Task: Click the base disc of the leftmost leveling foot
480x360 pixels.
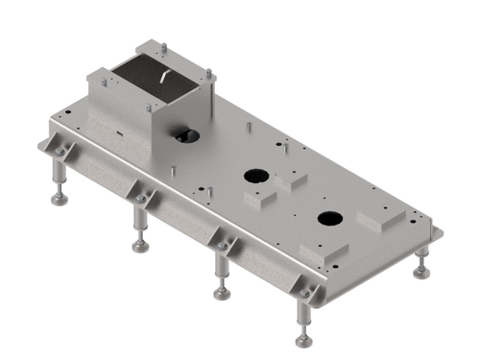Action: [x=60, y=200]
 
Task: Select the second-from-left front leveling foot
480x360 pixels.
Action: [x=140, y=246]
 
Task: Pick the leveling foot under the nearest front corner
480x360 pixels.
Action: [x=303, y=339]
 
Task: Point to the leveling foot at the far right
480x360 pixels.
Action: [x=420, y=273]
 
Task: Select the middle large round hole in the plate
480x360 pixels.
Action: [x=256, y=177]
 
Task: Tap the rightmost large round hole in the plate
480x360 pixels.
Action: [x=329, y=218]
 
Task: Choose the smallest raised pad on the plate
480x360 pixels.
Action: [x=291, y=180]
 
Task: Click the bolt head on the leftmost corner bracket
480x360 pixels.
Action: [x=60, y=151]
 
